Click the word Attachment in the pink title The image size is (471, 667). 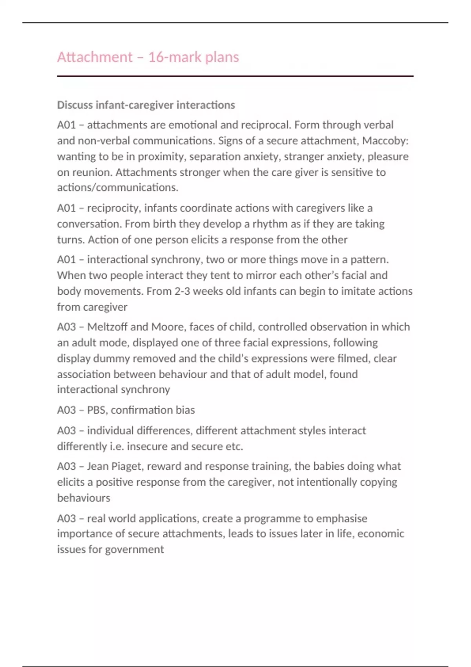[95, 57]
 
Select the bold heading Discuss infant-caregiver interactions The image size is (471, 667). [146, 105]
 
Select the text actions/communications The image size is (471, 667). [117, 188]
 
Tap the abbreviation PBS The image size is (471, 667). [96, 410]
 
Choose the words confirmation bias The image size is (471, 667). [153, 410]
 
